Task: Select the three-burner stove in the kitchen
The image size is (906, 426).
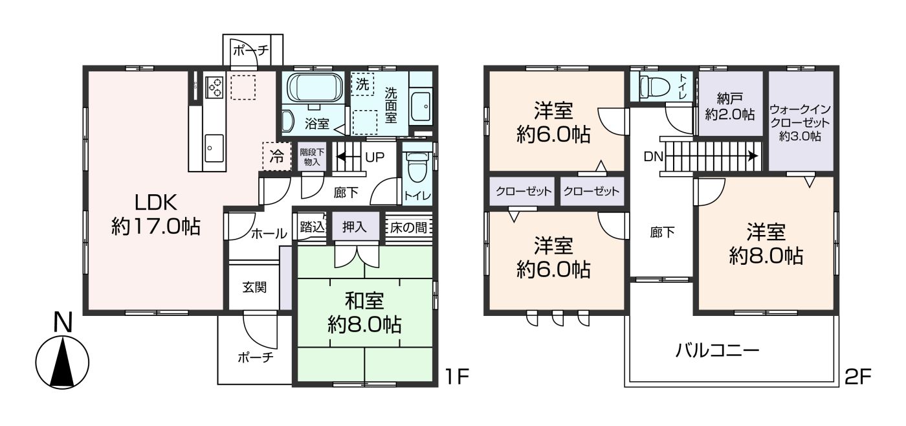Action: (x=214, y=87)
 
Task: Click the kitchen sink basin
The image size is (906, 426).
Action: (x=214, y=148)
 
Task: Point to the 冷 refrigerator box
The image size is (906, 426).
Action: (x=277, y=156)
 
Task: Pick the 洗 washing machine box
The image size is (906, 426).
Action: (x=362, y=84)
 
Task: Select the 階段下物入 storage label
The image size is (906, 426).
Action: (x=312, y=157)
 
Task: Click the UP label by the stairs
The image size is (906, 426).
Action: (x=375, y=157)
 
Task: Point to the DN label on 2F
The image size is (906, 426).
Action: (x=653, y=157)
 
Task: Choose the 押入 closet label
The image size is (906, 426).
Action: (x=355, y=227)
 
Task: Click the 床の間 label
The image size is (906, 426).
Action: (x=408, y=227)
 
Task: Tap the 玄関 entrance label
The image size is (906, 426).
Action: (x=254, y=287)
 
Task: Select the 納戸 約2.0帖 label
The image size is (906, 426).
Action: (x=730, y=107)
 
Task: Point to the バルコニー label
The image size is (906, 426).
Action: (x=717, y=350)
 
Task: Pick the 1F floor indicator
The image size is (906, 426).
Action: (x=457, y=377)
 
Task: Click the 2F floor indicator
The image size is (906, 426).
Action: (x=857, y=377)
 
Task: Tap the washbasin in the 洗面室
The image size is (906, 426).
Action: (x=421, y=107)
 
